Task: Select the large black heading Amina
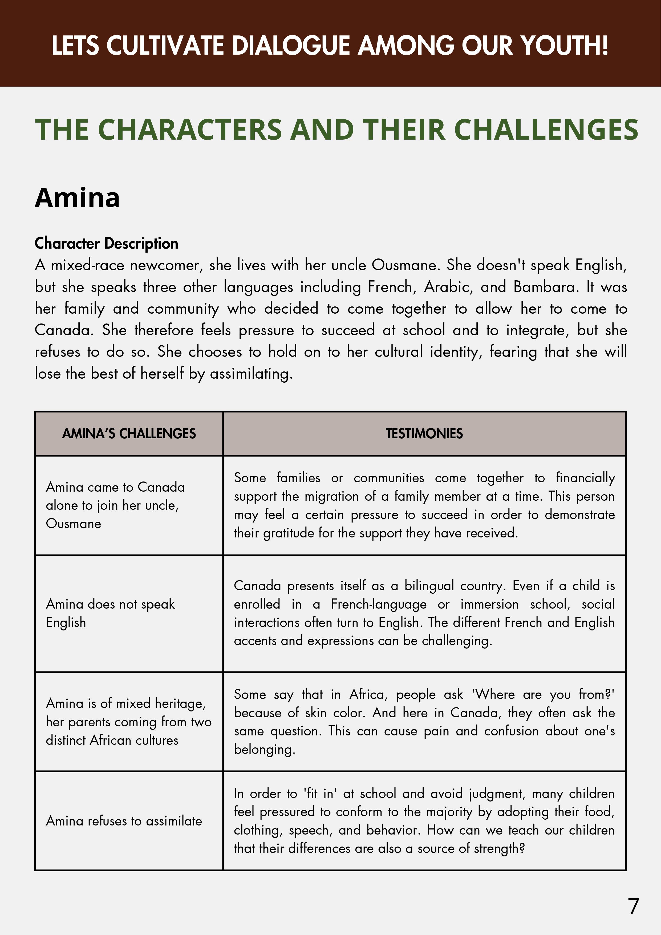(x=77, y=198)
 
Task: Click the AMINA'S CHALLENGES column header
(x=129, y=433)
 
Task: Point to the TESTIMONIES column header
(x=424, y=433)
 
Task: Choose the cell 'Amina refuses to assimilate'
(x=124, y=821)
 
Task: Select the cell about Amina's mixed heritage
(x=128, y=722)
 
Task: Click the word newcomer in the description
(x=165, y=265)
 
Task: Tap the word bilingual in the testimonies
(x=429, y=586)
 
